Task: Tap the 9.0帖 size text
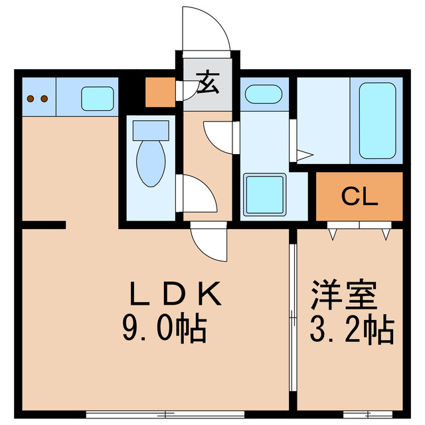click(x=164, y=327)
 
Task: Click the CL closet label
click(x=359, y=196)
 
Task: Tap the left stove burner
click(x=31, y=100)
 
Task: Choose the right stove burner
click(x=44, y=100)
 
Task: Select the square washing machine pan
click(x=264, y=194)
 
